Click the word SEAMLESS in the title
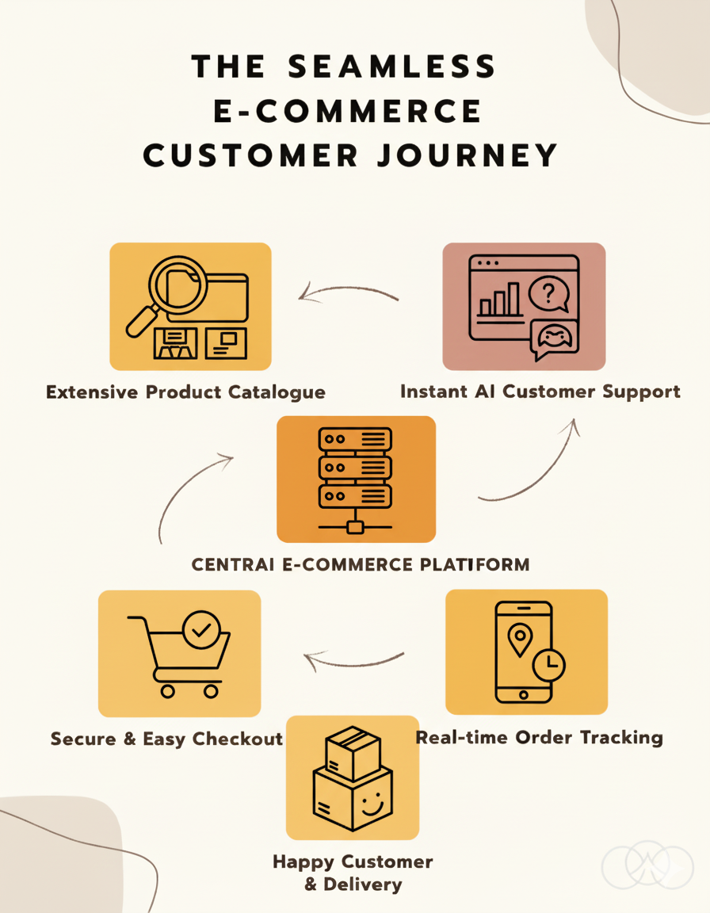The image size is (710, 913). click(392, 67)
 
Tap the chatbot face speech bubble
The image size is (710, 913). click(555, 339)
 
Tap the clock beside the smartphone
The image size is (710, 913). click(549, 664)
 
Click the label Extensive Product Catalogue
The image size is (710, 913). click(185, 392)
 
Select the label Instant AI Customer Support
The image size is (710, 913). click(540, 392)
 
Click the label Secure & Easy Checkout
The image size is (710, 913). click(166, 739)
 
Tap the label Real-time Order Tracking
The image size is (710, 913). click(540, 738)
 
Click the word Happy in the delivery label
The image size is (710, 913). click(304, 861)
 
